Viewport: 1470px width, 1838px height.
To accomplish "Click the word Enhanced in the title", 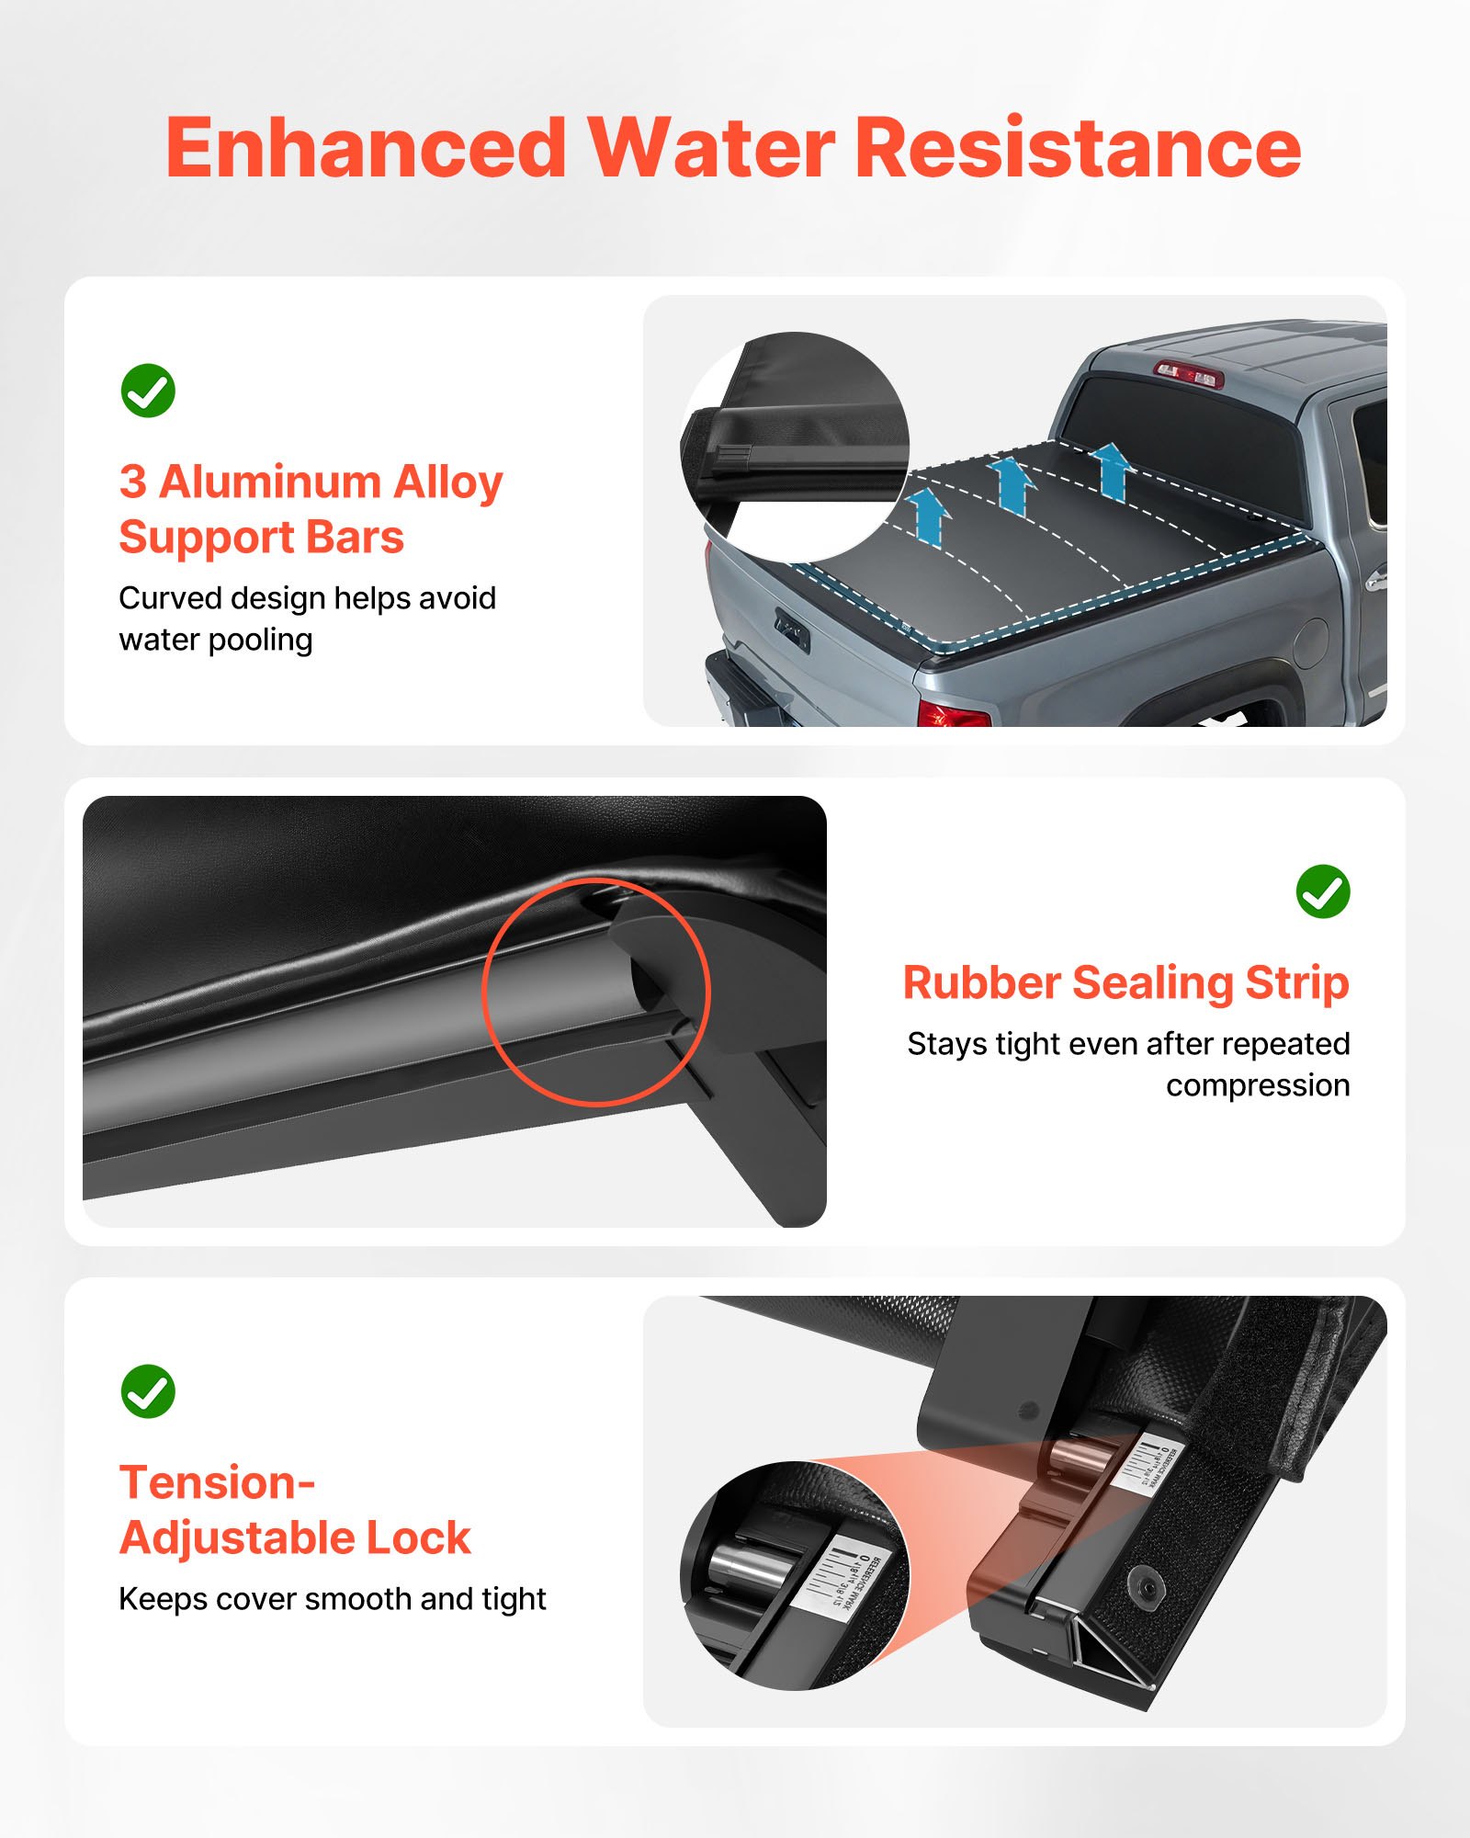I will pyautogui.click(x=366, y=149).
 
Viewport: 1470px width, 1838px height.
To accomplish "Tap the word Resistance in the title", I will pyautogui.click(x=1077, y=149).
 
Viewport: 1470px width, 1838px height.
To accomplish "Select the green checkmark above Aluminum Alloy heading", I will pyautogui.click(x=148, y=391).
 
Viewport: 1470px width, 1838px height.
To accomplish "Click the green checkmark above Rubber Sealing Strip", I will pyautogui.click(x=1322, y=891).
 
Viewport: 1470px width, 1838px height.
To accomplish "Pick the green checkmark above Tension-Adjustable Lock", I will pyautogui.click(x=148, y=1390).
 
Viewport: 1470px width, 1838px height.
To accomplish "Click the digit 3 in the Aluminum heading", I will pyautogui.click(x=132, y=482).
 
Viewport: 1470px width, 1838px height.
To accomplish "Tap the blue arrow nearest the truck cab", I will pyautogui.click(x=1112, y=469).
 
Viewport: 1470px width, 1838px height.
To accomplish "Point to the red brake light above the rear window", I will pyautogui.click(x=1189, y=374).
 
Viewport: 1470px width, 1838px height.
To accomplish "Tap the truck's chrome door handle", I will pyautogui.click(x=1375, y=580).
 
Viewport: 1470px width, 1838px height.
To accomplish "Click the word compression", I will pyautogui.click(x=1257, y=1085).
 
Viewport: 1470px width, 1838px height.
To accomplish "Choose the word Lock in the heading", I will pyautogui.click(x=418, y=1538).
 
